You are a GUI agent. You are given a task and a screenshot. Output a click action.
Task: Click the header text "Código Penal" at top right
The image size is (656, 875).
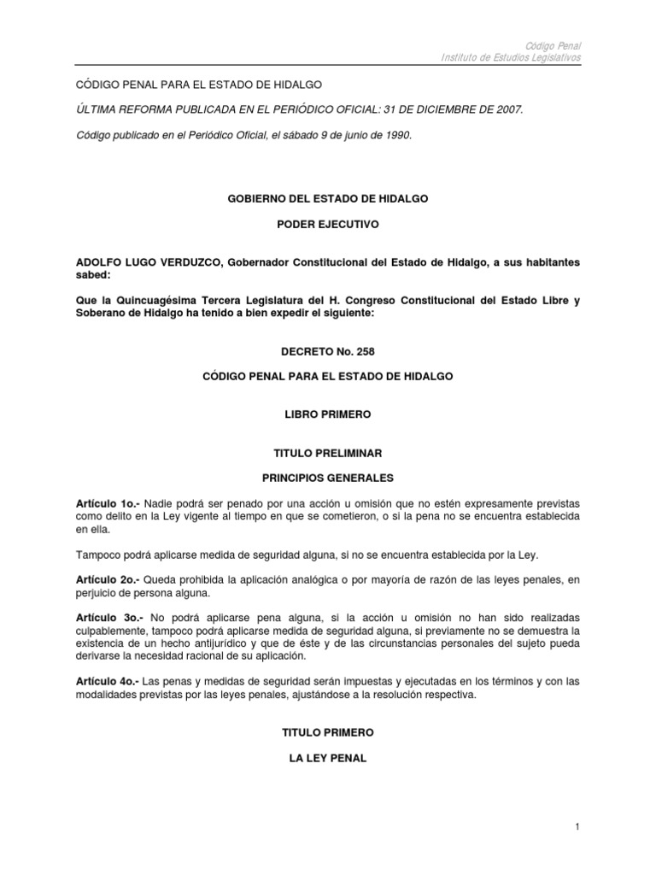click(x=556, y=44)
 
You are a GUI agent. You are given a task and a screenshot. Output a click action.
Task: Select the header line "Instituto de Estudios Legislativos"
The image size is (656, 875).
click(x=511, y=56)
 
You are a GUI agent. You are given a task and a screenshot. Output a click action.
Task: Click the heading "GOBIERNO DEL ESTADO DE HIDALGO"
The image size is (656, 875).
click(x=327, y=198)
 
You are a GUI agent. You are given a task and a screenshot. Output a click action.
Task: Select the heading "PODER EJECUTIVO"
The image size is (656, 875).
click(x=327, y=225)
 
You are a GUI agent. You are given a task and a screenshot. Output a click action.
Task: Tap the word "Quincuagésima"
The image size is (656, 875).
click(x=146, y=300)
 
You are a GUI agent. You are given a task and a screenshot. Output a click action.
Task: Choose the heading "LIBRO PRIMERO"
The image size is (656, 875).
click(x=327, y=414)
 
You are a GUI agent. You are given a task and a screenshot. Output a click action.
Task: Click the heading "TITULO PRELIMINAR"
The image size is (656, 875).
click(x=327, y=453)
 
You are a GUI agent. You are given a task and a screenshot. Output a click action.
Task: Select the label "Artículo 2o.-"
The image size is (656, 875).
click(x=106, y=580)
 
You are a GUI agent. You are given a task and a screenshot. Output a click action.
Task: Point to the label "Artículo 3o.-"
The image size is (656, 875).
click(x=107, y=616)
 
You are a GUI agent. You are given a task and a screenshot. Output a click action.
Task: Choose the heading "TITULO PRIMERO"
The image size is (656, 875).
click(x=327, y=732)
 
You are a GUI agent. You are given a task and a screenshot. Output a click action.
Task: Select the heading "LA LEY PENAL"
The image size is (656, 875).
click(x=327, y=758)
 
